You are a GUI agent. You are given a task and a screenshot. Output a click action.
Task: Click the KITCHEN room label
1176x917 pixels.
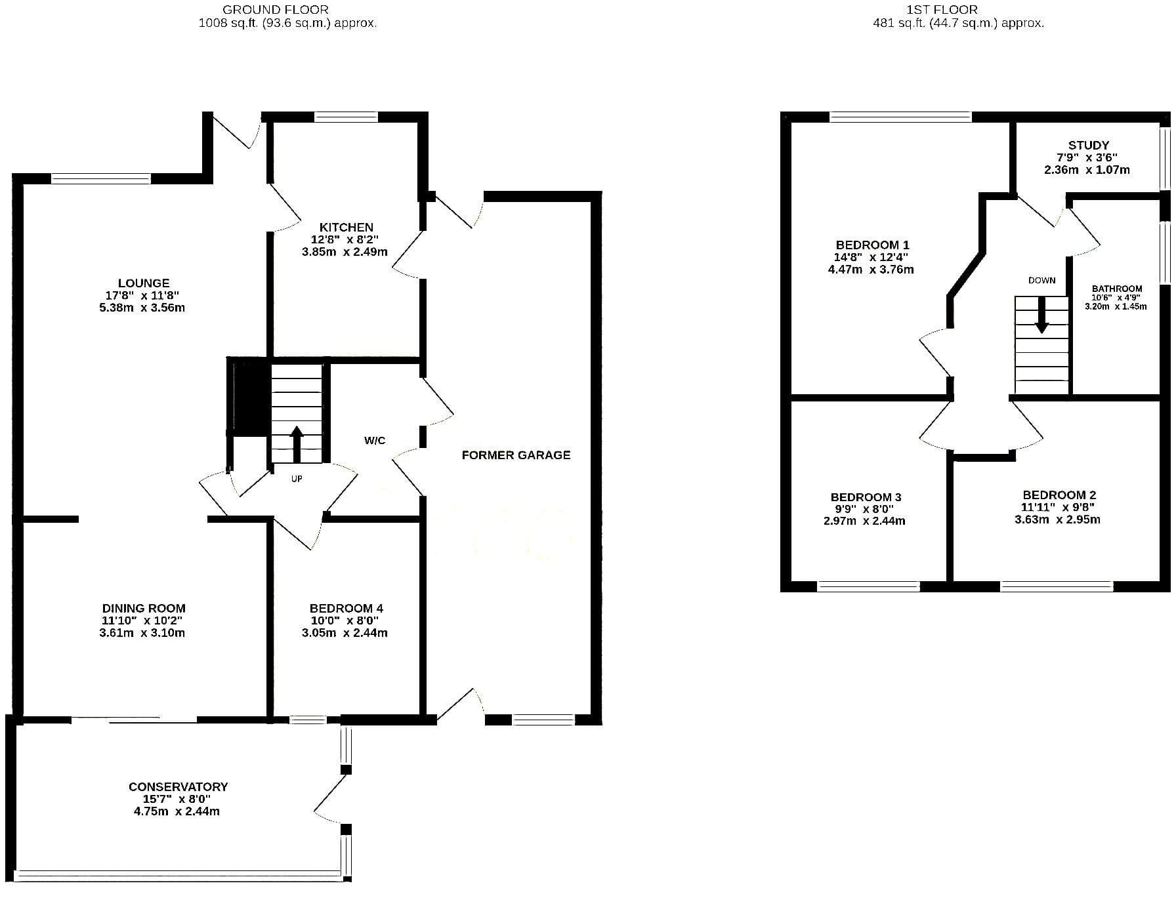pyautogui.click(x=346, y=228)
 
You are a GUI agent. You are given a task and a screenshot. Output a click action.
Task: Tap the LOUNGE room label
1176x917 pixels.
pyautogui.click(x=144, y=283)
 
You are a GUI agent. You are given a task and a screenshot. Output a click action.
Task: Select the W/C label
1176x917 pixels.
pyautogui.click(x=375, y=441)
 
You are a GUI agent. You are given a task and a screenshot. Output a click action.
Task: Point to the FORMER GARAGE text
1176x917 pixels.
pyautogui.click(x=516, y=455)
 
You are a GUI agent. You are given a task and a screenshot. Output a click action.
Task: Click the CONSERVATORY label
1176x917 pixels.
pyautogui.click(x=178, y=787)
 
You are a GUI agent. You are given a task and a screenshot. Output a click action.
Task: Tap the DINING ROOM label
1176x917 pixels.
pyautogui.click(x=144, y=609)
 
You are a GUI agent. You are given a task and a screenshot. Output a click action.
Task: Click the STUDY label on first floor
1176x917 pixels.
pyautogui.click(x=1088, y=146)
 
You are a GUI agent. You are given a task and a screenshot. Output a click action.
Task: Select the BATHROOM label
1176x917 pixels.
pyautogui.click(x=1117, y=289)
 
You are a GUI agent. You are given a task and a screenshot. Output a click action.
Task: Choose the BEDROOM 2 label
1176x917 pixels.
pyautogui.click(x=1059, y=495)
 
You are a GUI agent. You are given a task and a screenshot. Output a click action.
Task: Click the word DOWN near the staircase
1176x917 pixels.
pyautogui.click(x=1042, y=281)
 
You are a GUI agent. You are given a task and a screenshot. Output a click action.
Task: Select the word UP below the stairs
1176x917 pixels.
pyautogui.click(x=297, y=479)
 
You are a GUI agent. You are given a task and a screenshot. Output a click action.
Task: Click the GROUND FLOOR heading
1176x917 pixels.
pyautogui.click(x=276, y=10)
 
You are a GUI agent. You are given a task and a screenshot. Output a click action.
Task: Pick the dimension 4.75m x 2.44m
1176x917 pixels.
pyautogui.click(x=177, y=811)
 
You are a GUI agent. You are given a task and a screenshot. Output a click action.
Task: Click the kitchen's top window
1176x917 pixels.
pyautogui.click(x=346, y=117)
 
